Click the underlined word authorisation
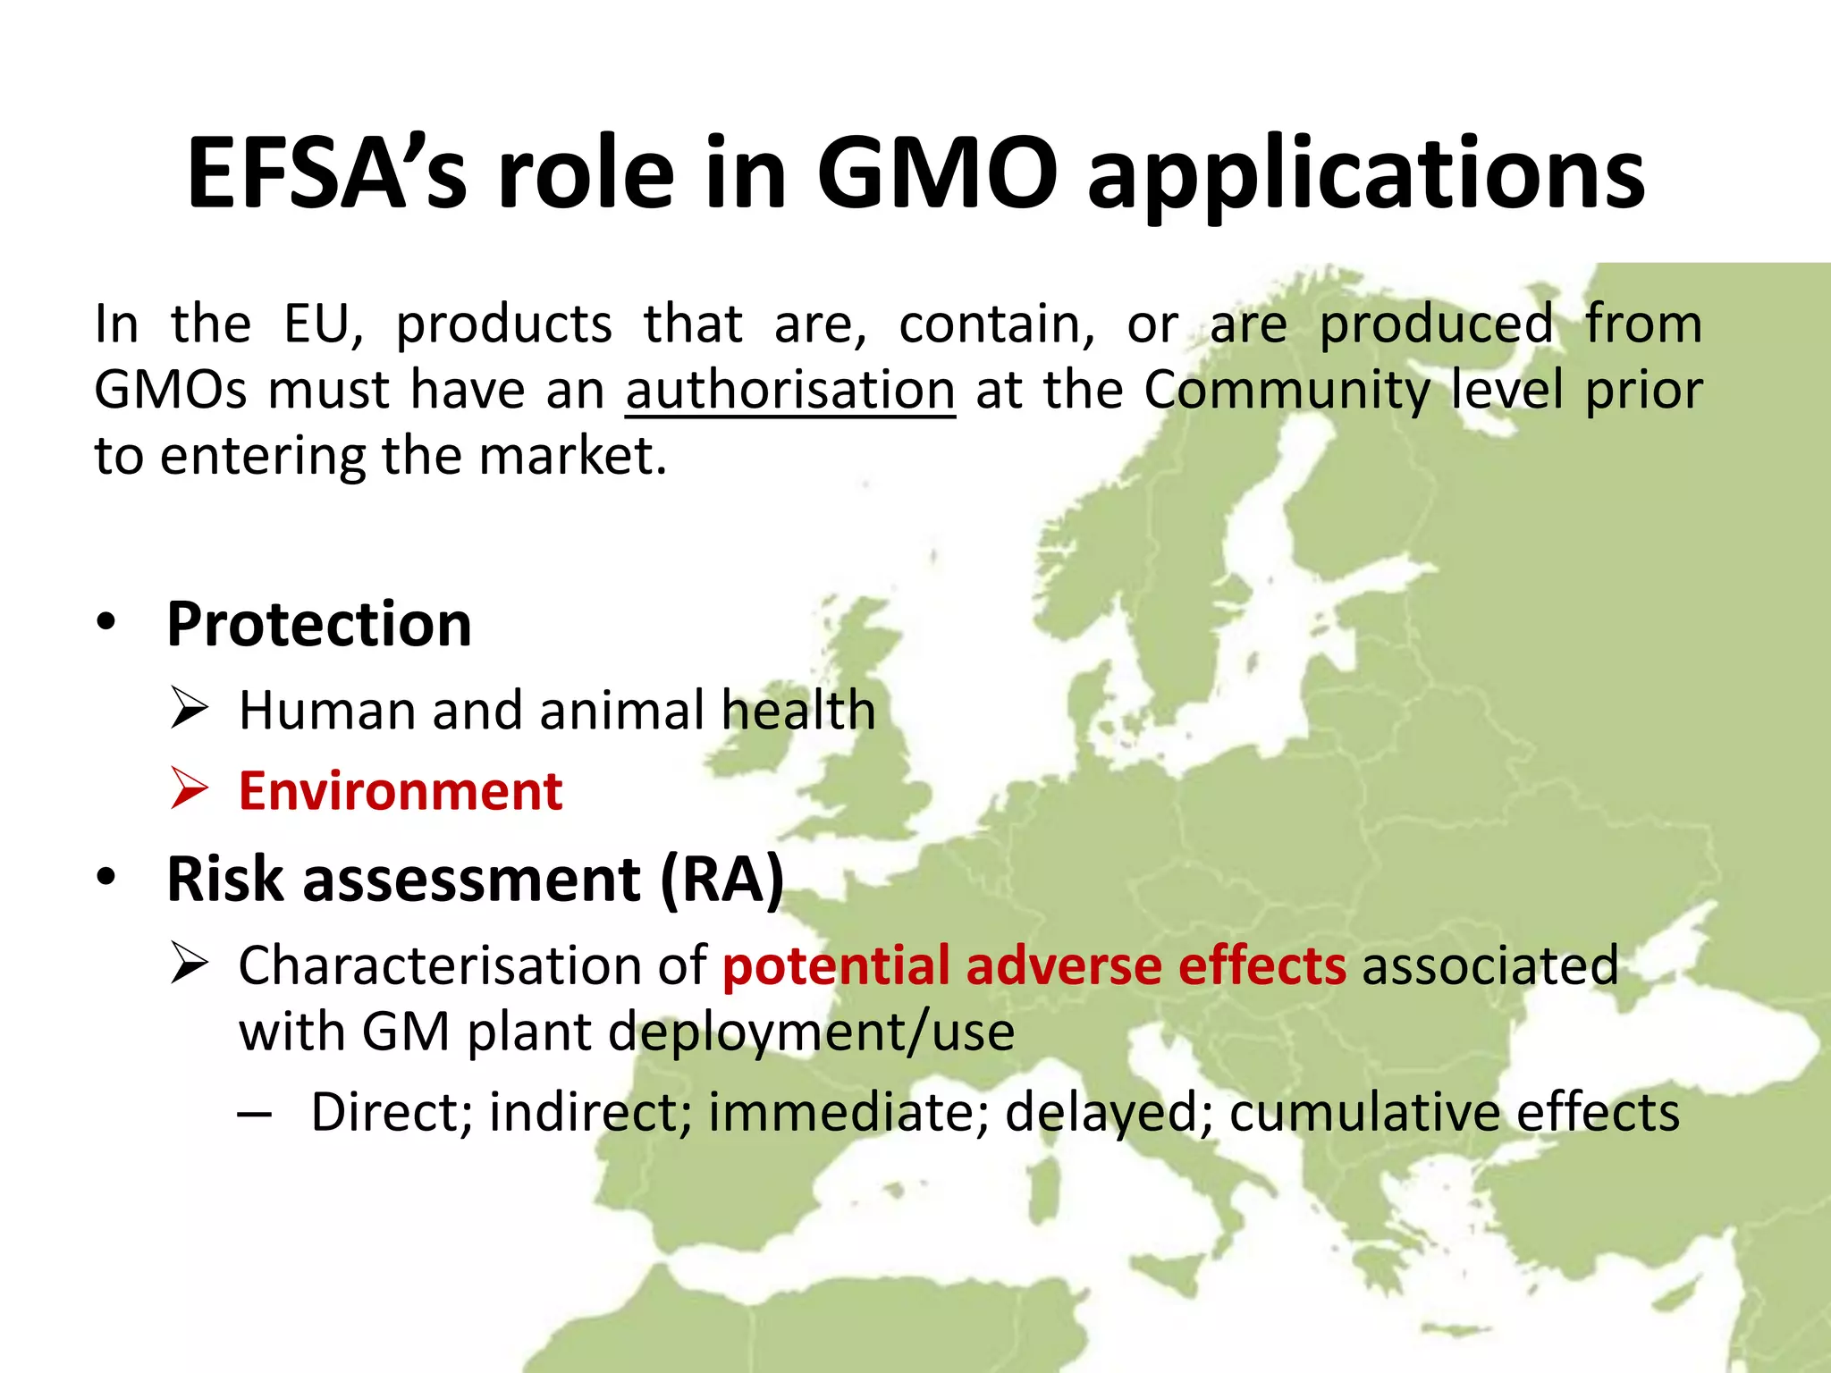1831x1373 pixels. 790,391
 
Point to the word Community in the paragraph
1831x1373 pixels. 1287,391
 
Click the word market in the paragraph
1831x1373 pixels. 571,456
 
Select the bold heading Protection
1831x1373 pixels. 319,624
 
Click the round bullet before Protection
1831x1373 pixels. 107,623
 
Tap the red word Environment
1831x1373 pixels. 401,792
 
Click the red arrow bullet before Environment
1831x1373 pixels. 189,788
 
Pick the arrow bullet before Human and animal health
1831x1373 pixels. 189,709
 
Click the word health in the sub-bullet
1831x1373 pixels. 798,711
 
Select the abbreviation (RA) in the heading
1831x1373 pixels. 721,880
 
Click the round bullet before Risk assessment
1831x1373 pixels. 107,878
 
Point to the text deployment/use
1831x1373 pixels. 811,1033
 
